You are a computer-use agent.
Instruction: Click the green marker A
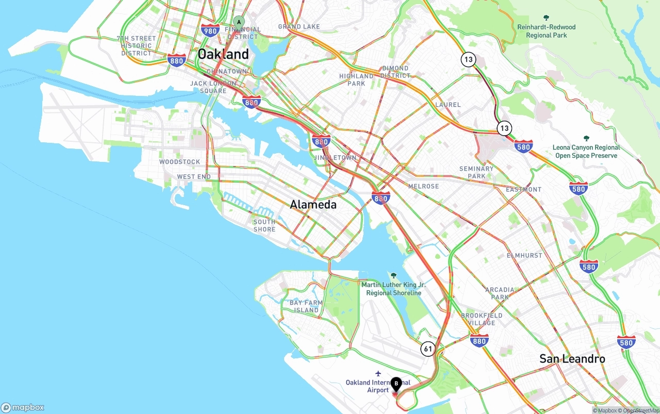(x=238, y=22)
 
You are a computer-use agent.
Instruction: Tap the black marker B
(x=396, y=384)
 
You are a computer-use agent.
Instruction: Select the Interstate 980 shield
(x=210, y=30)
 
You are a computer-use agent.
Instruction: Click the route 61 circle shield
(x=428, y=349)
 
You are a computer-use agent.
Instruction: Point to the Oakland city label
(x=223, y=54)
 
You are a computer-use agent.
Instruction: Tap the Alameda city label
(x=313, y=205)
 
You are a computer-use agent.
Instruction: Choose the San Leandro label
(x=572, y=358)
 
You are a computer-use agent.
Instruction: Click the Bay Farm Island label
(x=306, y=306)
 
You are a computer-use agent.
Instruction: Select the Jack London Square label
(x=213, y=87)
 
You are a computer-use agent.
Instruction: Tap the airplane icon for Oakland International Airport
(x=378, y=373)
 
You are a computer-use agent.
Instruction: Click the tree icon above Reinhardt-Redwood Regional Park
(x=547, y=18)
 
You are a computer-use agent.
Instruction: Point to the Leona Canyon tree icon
(x=586, y=138)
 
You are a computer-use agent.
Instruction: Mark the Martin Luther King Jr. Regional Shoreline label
(x=393, y=289)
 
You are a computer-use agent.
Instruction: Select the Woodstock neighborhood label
(x=179, y=162)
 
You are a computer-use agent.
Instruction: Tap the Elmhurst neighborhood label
(x=524, y=255)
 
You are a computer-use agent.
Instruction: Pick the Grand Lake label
(x=299, y=26)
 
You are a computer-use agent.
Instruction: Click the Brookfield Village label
(x=482, y=319)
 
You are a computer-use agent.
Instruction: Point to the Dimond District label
(x=395, y=72)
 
